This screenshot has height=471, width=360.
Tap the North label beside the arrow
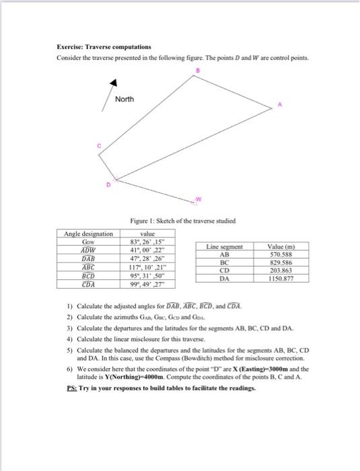(124, 100)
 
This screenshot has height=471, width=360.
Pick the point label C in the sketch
(98, 145)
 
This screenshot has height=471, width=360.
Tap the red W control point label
(199, 198)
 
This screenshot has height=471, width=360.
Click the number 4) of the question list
(70, 339)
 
